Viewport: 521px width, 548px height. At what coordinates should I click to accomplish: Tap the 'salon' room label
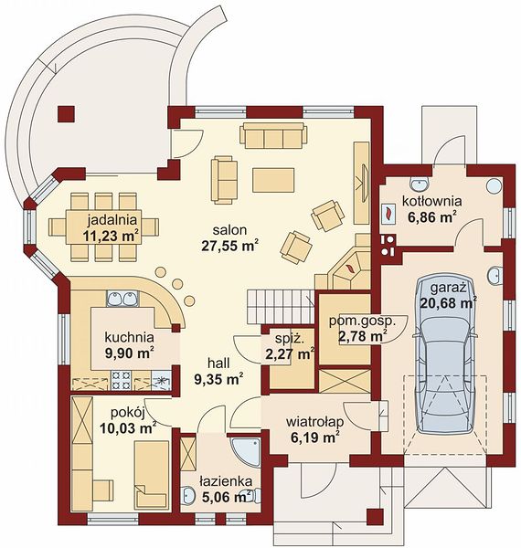(x=229, y=230)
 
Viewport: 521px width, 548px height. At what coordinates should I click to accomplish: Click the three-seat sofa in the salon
(x=273, y=135)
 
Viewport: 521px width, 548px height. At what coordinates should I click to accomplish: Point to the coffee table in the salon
(x=273, y=180)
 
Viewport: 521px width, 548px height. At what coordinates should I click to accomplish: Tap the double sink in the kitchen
(x=122, y=299)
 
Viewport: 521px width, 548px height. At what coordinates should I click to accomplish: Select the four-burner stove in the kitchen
(x=122, y=380)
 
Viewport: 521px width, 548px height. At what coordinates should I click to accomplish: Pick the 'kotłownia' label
(x=431, y=201)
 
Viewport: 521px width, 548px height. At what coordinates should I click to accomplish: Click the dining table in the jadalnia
(x=103, y=227)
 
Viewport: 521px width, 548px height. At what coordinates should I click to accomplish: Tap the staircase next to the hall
(x=280, y=306)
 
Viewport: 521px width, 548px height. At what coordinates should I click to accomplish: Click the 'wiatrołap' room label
(x=314, y=421)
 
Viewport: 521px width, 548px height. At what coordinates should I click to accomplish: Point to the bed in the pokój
(x=151, y=474)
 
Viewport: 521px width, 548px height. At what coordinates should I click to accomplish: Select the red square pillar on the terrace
(x=66, y=114)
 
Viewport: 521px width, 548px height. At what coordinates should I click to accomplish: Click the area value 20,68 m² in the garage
(x=449, y=302)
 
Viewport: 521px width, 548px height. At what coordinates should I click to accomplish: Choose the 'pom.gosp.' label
(x=362, y=321)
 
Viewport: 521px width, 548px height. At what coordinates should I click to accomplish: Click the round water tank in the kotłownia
(x=494, y=185)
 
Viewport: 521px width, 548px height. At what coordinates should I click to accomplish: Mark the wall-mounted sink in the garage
(x=494, y=274)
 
